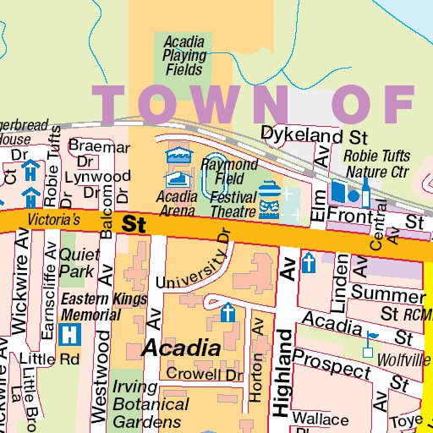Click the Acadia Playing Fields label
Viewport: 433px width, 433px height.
tap(184, 55)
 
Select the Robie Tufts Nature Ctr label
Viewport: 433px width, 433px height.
tap(376, 163)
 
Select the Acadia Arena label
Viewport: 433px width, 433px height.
tap(178, 203)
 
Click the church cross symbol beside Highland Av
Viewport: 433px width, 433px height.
tap(310, 263)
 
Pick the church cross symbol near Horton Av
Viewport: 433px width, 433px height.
tap(227, 314)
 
